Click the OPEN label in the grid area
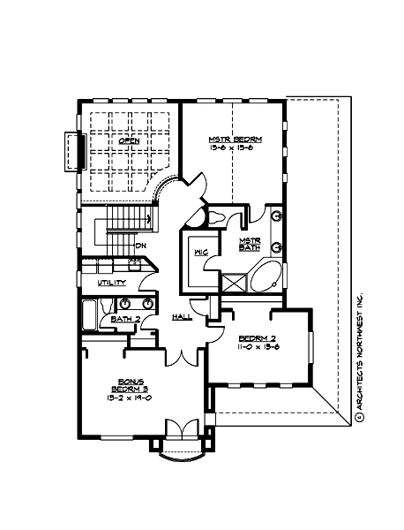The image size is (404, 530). pos(131,140)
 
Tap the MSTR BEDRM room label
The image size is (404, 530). pos(230,139)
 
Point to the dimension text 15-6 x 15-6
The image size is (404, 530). pos(230,148)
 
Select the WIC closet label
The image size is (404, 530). pos(200,254)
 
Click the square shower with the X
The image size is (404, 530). pos(233,284)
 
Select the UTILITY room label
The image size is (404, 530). pos(112,283)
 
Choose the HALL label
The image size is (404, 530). pos(183,316)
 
